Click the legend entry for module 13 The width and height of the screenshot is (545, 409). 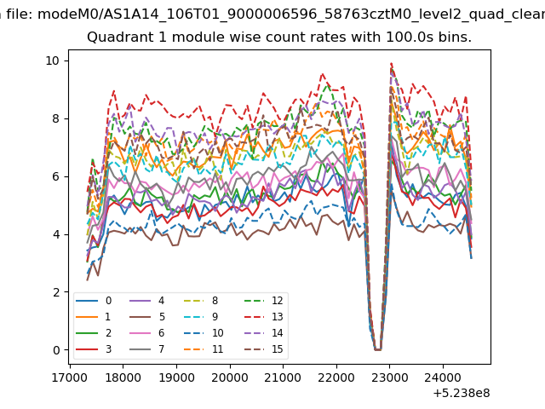pos(263,317)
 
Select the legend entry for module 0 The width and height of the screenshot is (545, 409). pos(94,301)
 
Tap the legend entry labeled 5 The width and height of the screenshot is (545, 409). pos(147,317)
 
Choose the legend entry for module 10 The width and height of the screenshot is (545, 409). pos(204,333)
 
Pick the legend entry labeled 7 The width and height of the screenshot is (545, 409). pos(147,349)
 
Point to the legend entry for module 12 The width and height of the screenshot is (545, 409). pos(263,301)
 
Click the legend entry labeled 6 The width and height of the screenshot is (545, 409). pos(147,333)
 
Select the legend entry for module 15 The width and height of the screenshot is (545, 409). pos(263,349)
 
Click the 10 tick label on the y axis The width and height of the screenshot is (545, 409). pos(53,60)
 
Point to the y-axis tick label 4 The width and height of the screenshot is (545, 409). pos(56,234)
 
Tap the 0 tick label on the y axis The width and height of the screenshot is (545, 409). pos(56,350)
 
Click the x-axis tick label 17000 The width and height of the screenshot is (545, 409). pos(70,377)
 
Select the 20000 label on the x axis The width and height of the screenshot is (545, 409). pos(230,377)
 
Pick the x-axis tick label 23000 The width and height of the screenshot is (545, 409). pos(390,377)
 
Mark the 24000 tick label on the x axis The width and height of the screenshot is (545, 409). pos(443,377)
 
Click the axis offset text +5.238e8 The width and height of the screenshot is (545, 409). pos(462,394)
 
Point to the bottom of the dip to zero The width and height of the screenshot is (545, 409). pos(378,349)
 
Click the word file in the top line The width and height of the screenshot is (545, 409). pos(20,14)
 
